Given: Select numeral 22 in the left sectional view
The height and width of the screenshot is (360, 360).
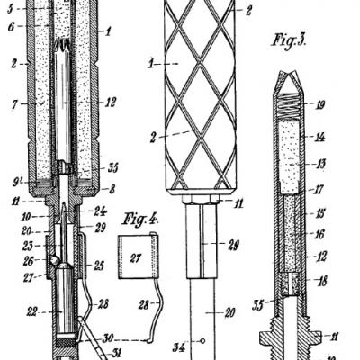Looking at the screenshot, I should (31, 311).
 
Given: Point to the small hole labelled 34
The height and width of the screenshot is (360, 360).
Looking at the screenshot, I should (203, 341).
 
